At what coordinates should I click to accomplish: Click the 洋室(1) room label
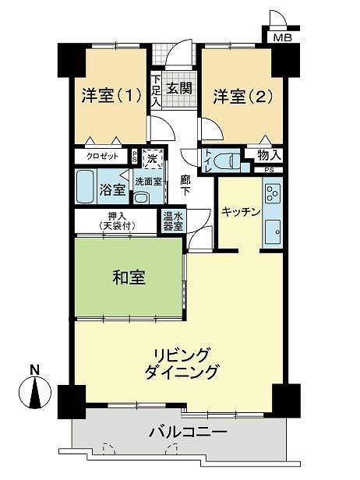click(111, 95)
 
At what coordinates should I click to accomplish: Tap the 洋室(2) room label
click(243, 96)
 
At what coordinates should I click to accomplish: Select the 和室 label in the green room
click(129, 277)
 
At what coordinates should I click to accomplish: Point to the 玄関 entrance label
click(179, 89)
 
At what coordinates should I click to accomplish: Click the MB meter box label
click(282, 38)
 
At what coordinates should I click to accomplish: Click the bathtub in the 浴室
click(85, 187)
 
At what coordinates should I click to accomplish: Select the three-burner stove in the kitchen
click(273, 193)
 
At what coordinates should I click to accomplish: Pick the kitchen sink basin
click(273, 231)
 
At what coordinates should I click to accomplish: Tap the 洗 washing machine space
click(152, 159)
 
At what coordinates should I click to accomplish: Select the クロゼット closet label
click(102, 157)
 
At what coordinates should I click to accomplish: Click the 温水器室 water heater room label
click(173, 221)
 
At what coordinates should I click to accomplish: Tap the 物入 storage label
click(270, 156)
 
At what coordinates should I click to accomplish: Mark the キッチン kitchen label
click(241, 212)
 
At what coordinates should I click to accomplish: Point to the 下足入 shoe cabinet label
click(156, 91)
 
